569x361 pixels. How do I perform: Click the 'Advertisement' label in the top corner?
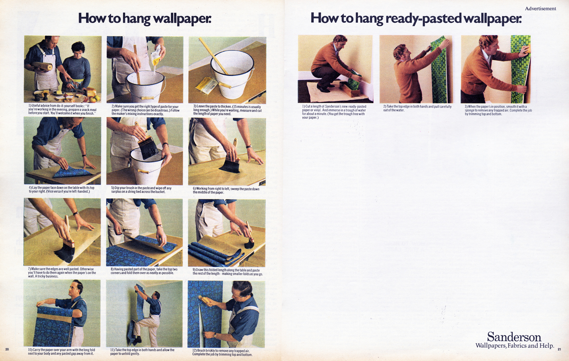click(541, 9)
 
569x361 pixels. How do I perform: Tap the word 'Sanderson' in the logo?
click(514, 337)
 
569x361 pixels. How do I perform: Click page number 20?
click(7, 349)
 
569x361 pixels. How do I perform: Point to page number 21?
click(559, 349)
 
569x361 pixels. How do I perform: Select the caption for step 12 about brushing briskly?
click(222, 352)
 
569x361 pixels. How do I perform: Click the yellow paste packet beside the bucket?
click(206, 85)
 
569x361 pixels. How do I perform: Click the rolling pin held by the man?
click(42, 65)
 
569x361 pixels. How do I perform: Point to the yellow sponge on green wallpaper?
click(526, 49)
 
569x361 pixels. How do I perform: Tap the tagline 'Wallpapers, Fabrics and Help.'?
click(515, 346)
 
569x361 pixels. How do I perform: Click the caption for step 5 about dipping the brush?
click(141, 190)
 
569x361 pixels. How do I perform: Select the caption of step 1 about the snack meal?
click(62, 109)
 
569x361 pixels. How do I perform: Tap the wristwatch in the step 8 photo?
click(160, 226)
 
